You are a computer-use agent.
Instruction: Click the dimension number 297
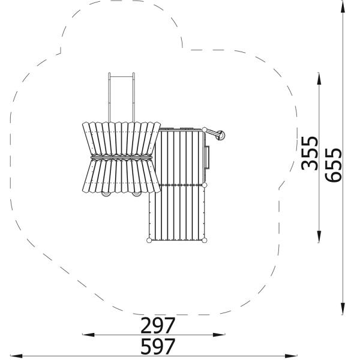coord(158,325)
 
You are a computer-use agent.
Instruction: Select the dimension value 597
coord(158,346)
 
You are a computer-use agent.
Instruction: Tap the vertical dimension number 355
coord(310,154)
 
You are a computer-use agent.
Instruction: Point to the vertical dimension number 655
coord(333,165)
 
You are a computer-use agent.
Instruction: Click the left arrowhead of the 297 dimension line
coord(88,335)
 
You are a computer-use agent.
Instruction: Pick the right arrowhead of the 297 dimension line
coord(219,335)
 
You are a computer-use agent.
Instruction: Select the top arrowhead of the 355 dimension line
coord(319,79)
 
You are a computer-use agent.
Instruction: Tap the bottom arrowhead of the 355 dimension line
coord(319,236)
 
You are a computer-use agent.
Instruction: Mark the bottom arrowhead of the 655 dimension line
coord(343,308)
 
